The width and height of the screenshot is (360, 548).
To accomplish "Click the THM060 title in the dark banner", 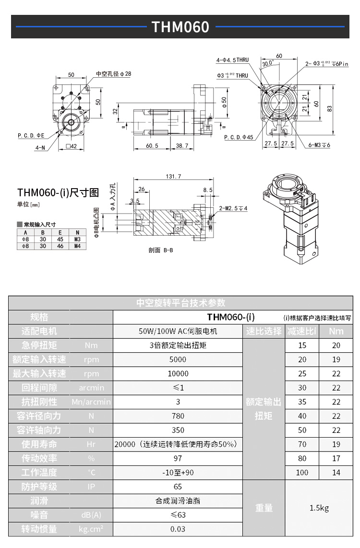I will tap(180, 27).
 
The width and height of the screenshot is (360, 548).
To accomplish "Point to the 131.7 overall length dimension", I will tap(173, 177).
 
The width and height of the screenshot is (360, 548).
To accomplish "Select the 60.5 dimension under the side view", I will tap(152, 146).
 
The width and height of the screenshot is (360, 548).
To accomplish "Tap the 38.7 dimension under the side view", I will tap(182, 146).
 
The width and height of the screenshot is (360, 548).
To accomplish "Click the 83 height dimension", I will tap(329, 108).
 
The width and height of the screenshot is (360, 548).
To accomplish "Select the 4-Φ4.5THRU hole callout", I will tap(232, 60).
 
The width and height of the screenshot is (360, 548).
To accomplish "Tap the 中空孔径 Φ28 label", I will tap(113, 74).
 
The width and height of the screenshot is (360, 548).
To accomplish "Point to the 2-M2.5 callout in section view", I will tap(233, 208).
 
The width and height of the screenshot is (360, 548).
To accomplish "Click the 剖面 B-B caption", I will tap(161, 250).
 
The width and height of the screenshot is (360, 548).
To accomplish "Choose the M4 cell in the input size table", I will tap(77, 246).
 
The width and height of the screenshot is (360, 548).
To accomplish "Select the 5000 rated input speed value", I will tap(178, 359).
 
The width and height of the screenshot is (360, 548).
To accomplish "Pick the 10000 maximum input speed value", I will tap(178, 373).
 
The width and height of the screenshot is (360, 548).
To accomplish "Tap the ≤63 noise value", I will tap(178, 515).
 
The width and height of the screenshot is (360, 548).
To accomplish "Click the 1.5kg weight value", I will tap(319, 508).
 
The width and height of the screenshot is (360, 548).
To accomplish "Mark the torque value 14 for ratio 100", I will tap(336, 473).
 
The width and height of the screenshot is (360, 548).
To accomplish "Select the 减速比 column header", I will tap(302, 331).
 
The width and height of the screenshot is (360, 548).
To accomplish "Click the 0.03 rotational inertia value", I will tap(178, 529).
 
